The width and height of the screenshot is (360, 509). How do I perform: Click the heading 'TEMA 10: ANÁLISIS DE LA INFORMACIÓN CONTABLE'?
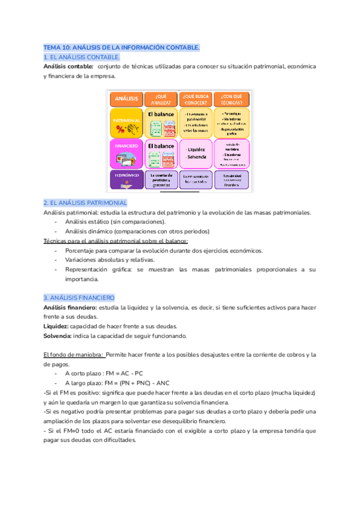[122, 47]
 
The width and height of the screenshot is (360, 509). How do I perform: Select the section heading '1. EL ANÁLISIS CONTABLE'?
[82, 56]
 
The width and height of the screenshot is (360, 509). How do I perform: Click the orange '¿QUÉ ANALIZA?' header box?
[160, 98]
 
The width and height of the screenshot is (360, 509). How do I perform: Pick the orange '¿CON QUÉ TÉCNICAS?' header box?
[230, 98]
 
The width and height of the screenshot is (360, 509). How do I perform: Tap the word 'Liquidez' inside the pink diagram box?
[196, 149]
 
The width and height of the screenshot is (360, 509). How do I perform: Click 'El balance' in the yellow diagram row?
[160, 113]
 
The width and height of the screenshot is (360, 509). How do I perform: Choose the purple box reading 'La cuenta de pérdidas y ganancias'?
[160, 179]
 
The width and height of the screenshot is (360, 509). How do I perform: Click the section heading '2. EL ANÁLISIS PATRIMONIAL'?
[85, 203]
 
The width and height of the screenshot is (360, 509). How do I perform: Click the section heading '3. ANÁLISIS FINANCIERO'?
[79, 298]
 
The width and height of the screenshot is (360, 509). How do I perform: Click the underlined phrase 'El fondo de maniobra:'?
[73, 355]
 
